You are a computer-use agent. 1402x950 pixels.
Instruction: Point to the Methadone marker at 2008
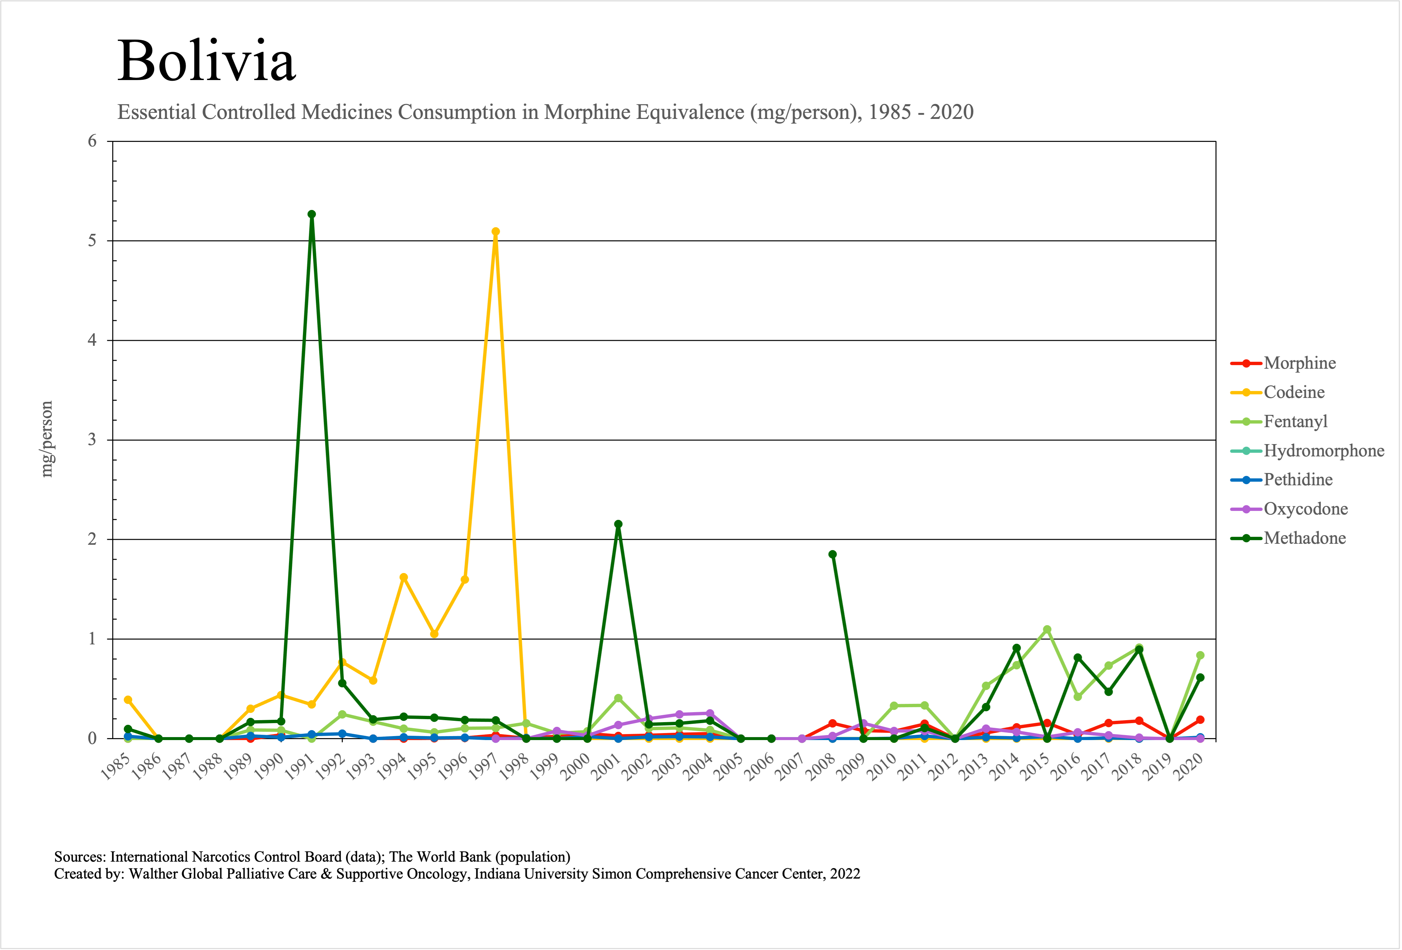coord(832,554)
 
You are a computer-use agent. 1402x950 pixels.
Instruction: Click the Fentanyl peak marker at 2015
coord(1047,630)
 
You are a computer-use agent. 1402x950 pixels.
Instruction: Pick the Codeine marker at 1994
coord(404,577)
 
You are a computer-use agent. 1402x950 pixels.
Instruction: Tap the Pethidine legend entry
coord(1298,480)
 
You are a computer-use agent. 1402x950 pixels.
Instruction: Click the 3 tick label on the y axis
coord(92,440)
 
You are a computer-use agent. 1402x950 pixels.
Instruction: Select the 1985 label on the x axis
coord(115,767)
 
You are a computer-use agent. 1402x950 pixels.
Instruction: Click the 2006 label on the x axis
coord(759,767)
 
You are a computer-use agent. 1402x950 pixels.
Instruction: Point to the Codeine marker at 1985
coord(128,700)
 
